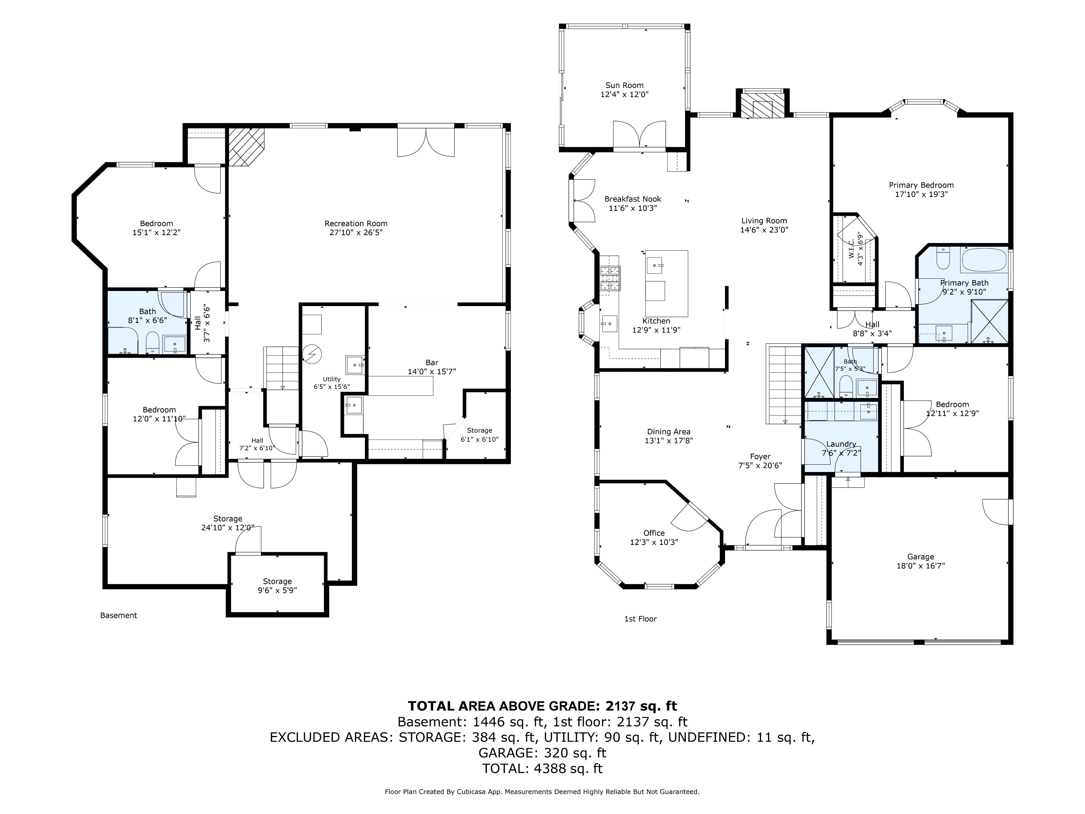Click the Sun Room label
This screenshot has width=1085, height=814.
tap(624, 85)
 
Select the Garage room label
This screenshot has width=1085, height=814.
tap(921, 557)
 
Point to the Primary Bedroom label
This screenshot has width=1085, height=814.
tap(921, 185)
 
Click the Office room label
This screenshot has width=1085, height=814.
tap(654, 533)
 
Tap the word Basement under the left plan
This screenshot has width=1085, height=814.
tap(119, 615)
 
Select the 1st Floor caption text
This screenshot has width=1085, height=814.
tap(640, 619)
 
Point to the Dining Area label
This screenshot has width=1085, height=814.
tap(669, 432)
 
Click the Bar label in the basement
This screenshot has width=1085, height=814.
tap(432, 363)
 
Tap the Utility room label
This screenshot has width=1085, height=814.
tap(332, 379)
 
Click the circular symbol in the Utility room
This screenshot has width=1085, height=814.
tap(311, 354)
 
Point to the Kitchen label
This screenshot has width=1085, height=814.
tap(656, 321)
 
